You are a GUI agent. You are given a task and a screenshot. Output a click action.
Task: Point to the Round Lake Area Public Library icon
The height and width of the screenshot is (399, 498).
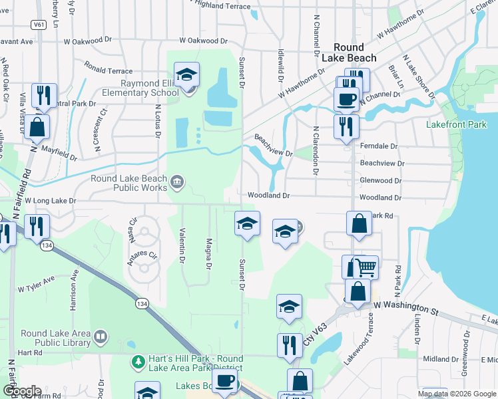click(101, 338)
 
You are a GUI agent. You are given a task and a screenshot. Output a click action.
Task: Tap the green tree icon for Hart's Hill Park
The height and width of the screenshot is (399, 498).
click(138, 362)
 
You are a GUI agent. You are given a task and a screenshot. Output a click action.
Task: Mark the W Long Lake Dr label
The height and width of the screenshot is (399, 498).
click(45, 200)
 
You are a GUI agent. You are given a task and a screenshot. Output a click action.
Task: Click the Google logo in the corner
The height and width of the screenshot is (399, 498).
click(21, 391)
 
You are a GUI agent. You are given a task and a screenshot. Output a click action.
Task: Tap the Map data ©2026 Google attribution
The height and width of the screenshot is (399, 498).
click(457, 394)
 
